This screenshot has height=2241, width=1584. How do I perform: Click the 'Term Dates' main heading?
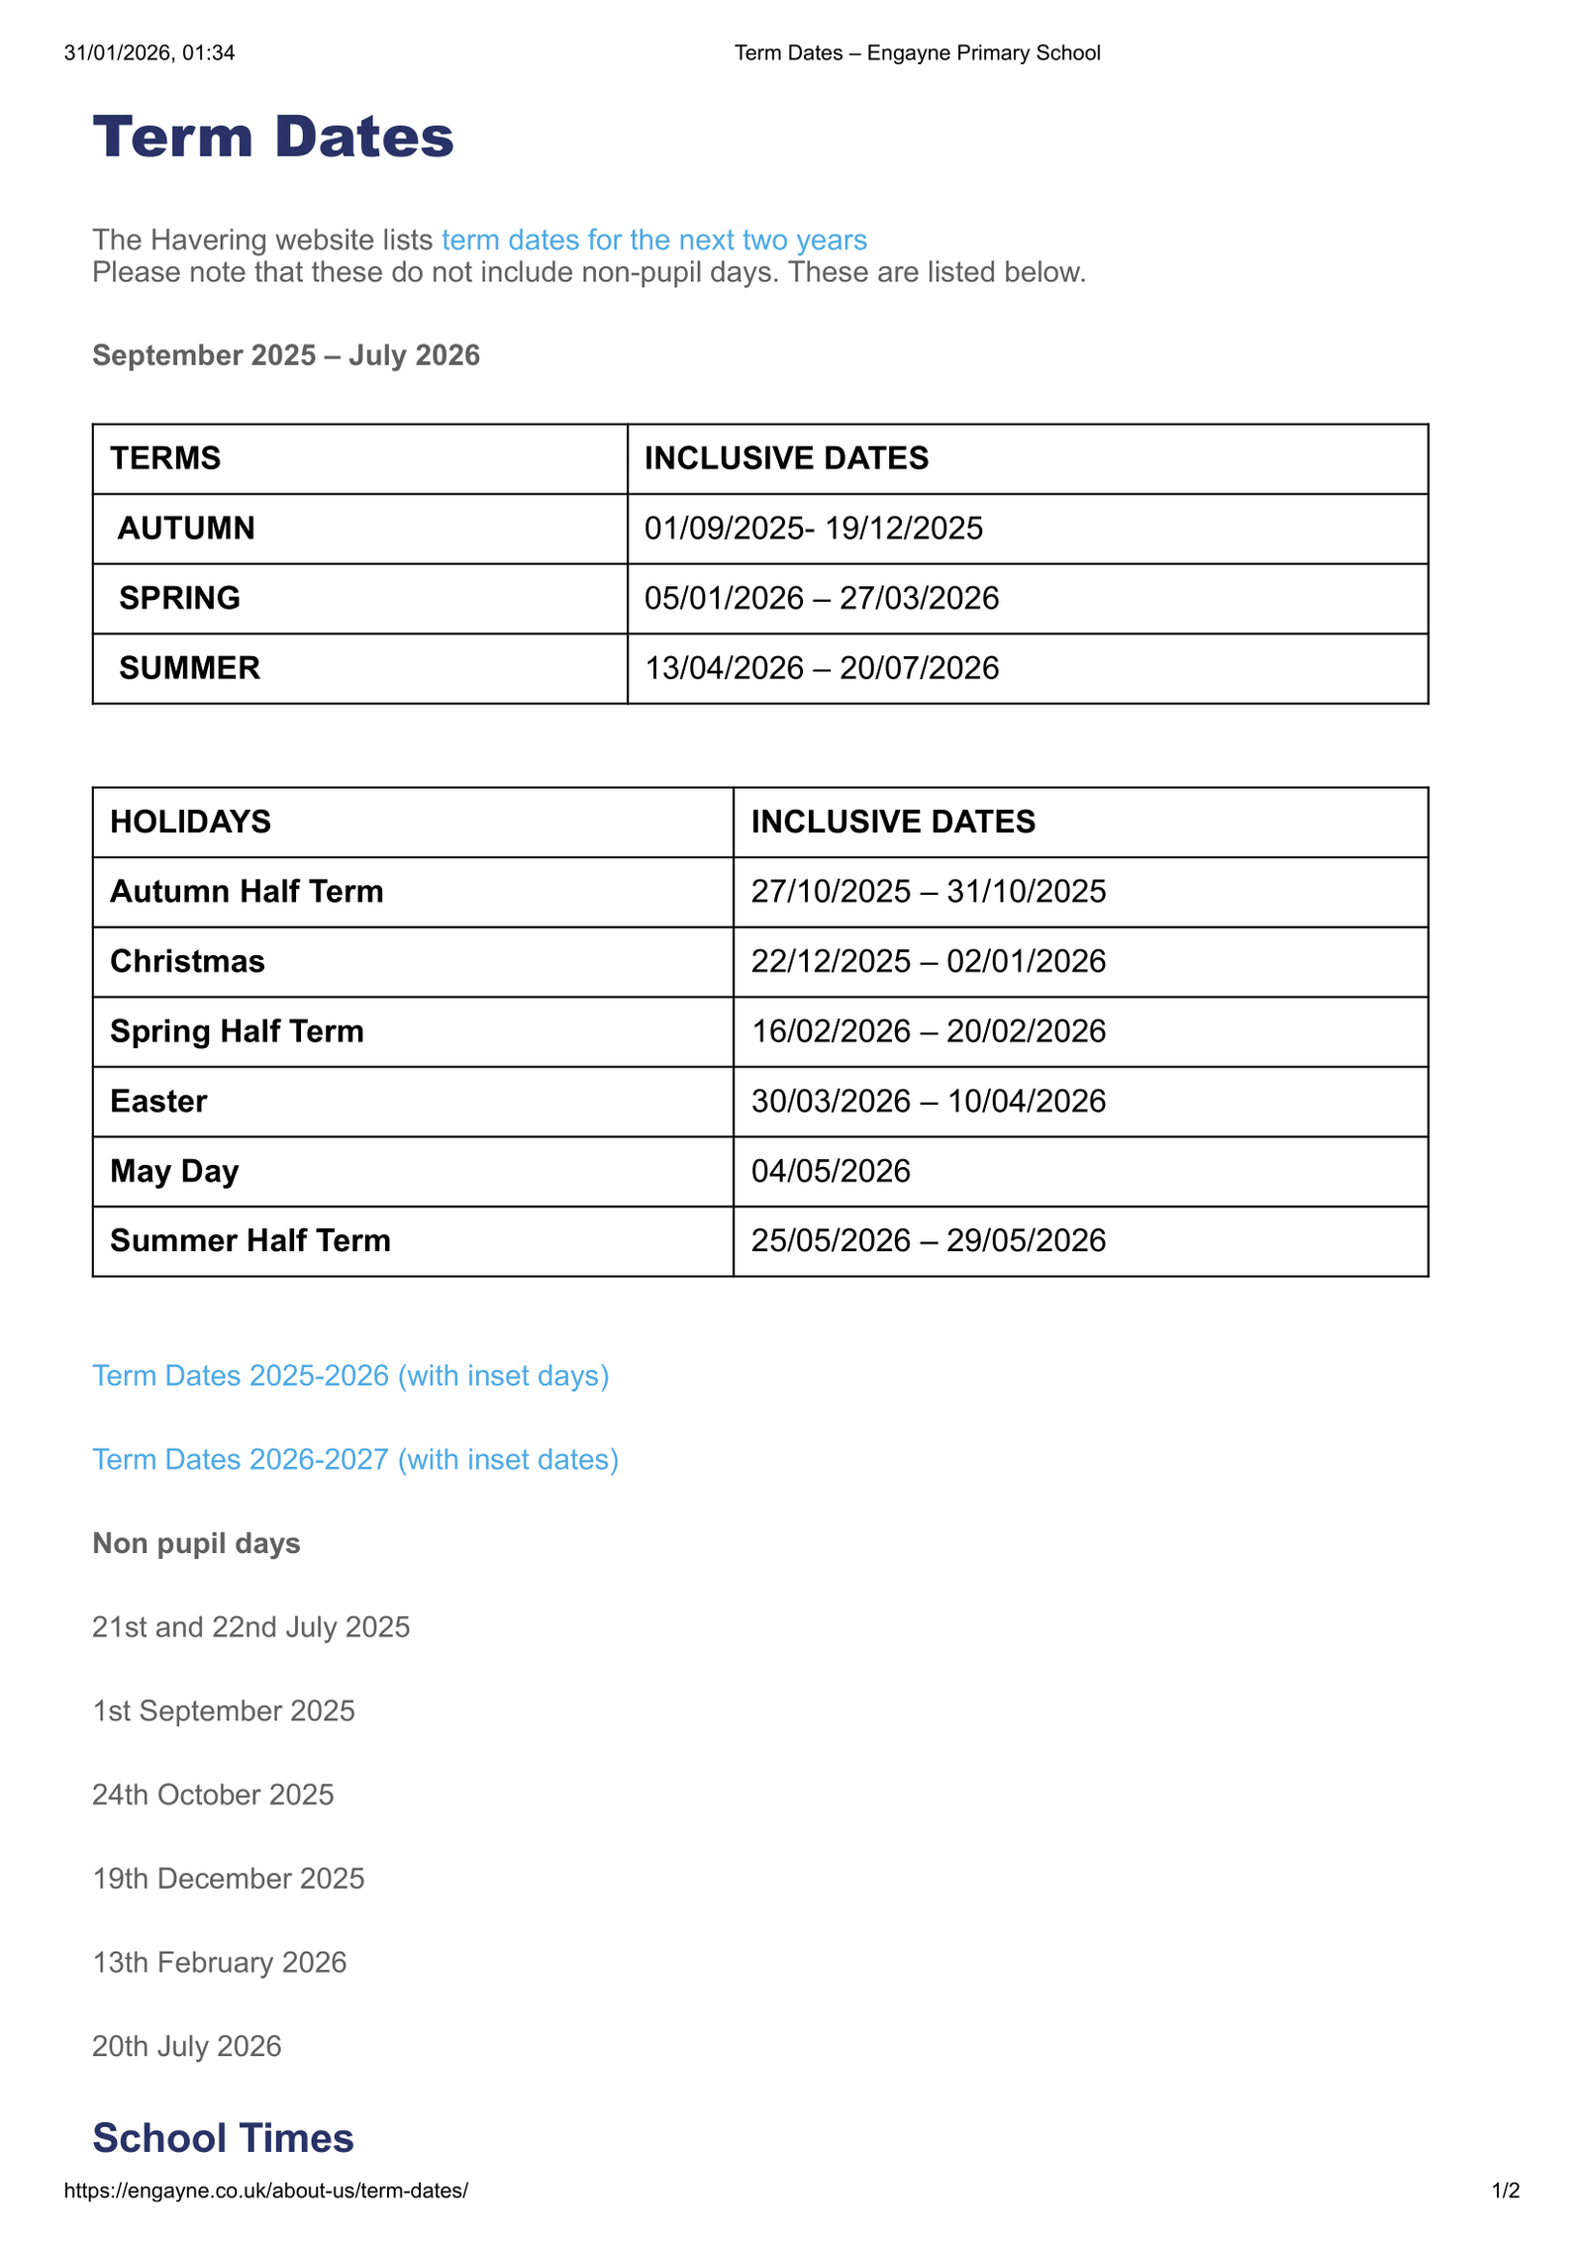(272, 137)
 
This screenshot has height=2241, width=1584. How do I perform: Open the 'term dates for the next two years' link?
(653, 240)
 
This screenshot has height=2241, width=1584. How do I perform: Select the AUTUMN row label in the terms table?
(186, 529)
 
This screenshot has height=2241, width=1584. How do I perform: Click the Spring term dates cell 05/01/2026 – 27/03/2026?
(821, 598)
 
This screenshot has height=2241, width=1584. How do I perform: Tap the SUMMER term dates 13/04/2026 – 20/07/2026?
(821, 668)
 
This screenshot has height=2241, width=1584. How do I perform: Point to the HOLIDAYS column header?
(190, 822)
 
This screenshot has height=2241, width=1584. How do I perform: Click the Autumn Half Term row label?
(247, 891)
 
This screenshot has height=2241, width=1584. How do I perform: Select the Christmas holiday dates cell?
(928, 961)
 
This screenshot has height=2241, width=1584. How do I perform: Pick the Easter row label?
(158, 1101)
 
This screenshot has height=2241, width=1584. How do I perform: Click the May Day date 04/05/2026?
(830, 1171)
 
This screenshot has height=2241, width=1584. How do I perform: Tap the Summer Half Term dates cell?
(928, 1240)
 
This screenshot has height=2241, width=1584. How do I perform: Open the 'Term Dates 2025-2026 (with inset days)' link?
(350, 1376)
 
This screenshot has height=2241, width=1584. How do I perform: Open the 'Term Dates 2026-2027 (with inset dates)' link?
(355, 1459)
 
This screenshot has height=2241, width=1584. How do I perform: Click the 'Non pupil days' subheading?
(196, 1543)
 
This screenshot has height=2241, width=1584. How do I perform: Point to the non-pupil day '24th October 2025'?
(213, 1795)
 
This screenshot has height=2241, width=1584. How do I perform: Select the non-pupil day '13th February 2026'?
(220, 1962)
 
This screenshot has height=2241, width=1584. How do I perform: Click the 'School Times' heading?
(223, 2138)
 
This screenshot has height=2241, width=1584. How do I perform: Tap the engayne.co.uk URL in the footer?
(265, 2191)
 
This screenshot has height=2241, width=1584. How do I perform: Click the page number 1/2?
(1505, 2191)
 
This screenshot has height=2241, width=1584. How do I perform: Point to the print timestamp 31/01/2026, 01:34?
(149, 52)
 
